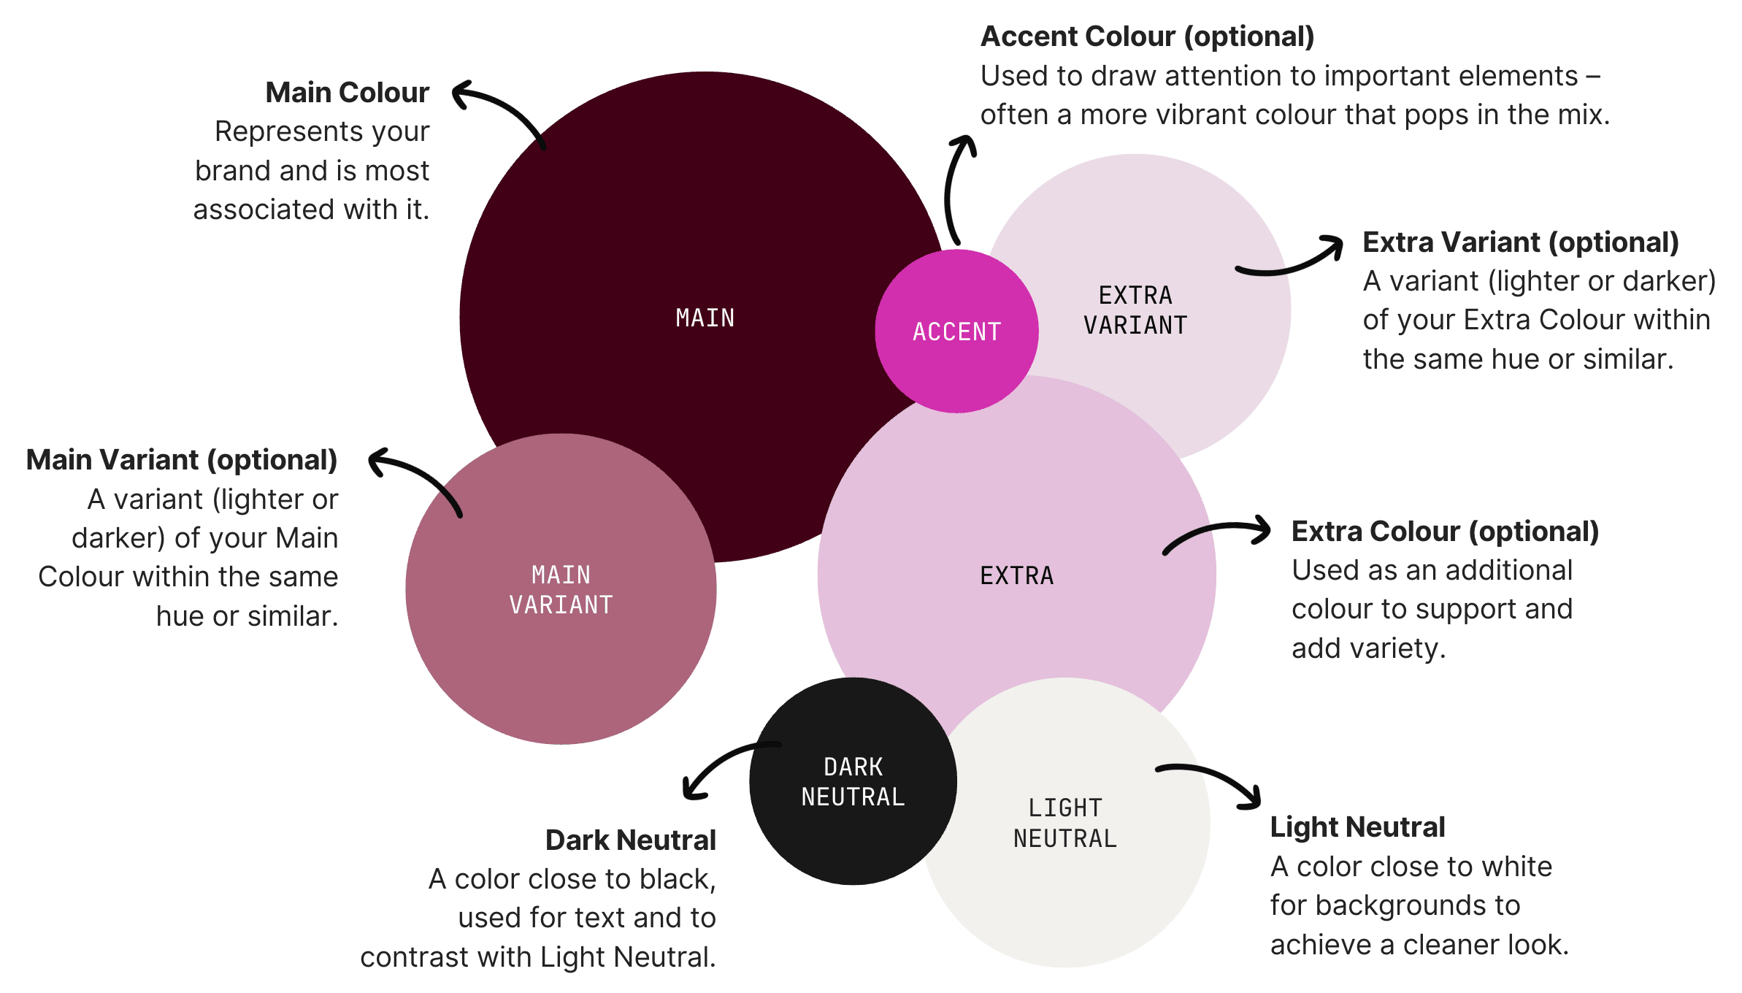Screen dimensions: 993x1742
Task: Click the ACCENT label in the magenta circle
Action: tap(956, 331)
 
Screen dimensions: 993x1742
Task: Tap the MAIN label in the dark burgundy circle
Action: tap(705, 318)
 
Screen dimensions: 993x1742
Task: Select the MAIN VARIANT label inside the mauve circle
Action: tap(561, 590)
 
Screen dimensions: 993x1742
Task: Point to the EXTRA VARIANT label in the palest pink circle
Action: tap(1135, 310)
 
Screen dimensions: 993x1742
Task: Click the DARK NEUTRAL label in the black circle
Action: tap(853, 782)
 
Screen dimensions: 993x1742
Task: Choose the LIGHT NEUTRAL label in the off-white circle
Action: tap(1065, 823)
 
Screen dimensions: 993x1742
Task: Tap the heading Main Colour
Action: tap(347, 93)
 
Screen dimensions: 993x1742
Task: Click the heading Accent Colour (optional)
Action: tap(1147, 37)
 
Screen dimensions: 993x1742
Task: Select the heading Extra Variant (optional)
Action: tap(1520, 242)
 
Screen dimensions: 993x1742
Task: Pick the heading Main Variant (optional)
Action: tap(182, 460)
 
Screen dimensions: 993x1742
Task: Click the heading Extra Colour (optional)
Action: tap(1445, 532)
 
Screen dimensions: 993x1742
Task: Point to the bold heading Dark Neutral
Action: tap(630, 840)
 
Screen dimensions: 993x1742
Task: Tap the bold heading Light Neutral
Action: tap(1357, 827)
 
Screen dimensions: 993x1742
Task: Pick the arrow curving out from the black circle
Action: tap(723, 767)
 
